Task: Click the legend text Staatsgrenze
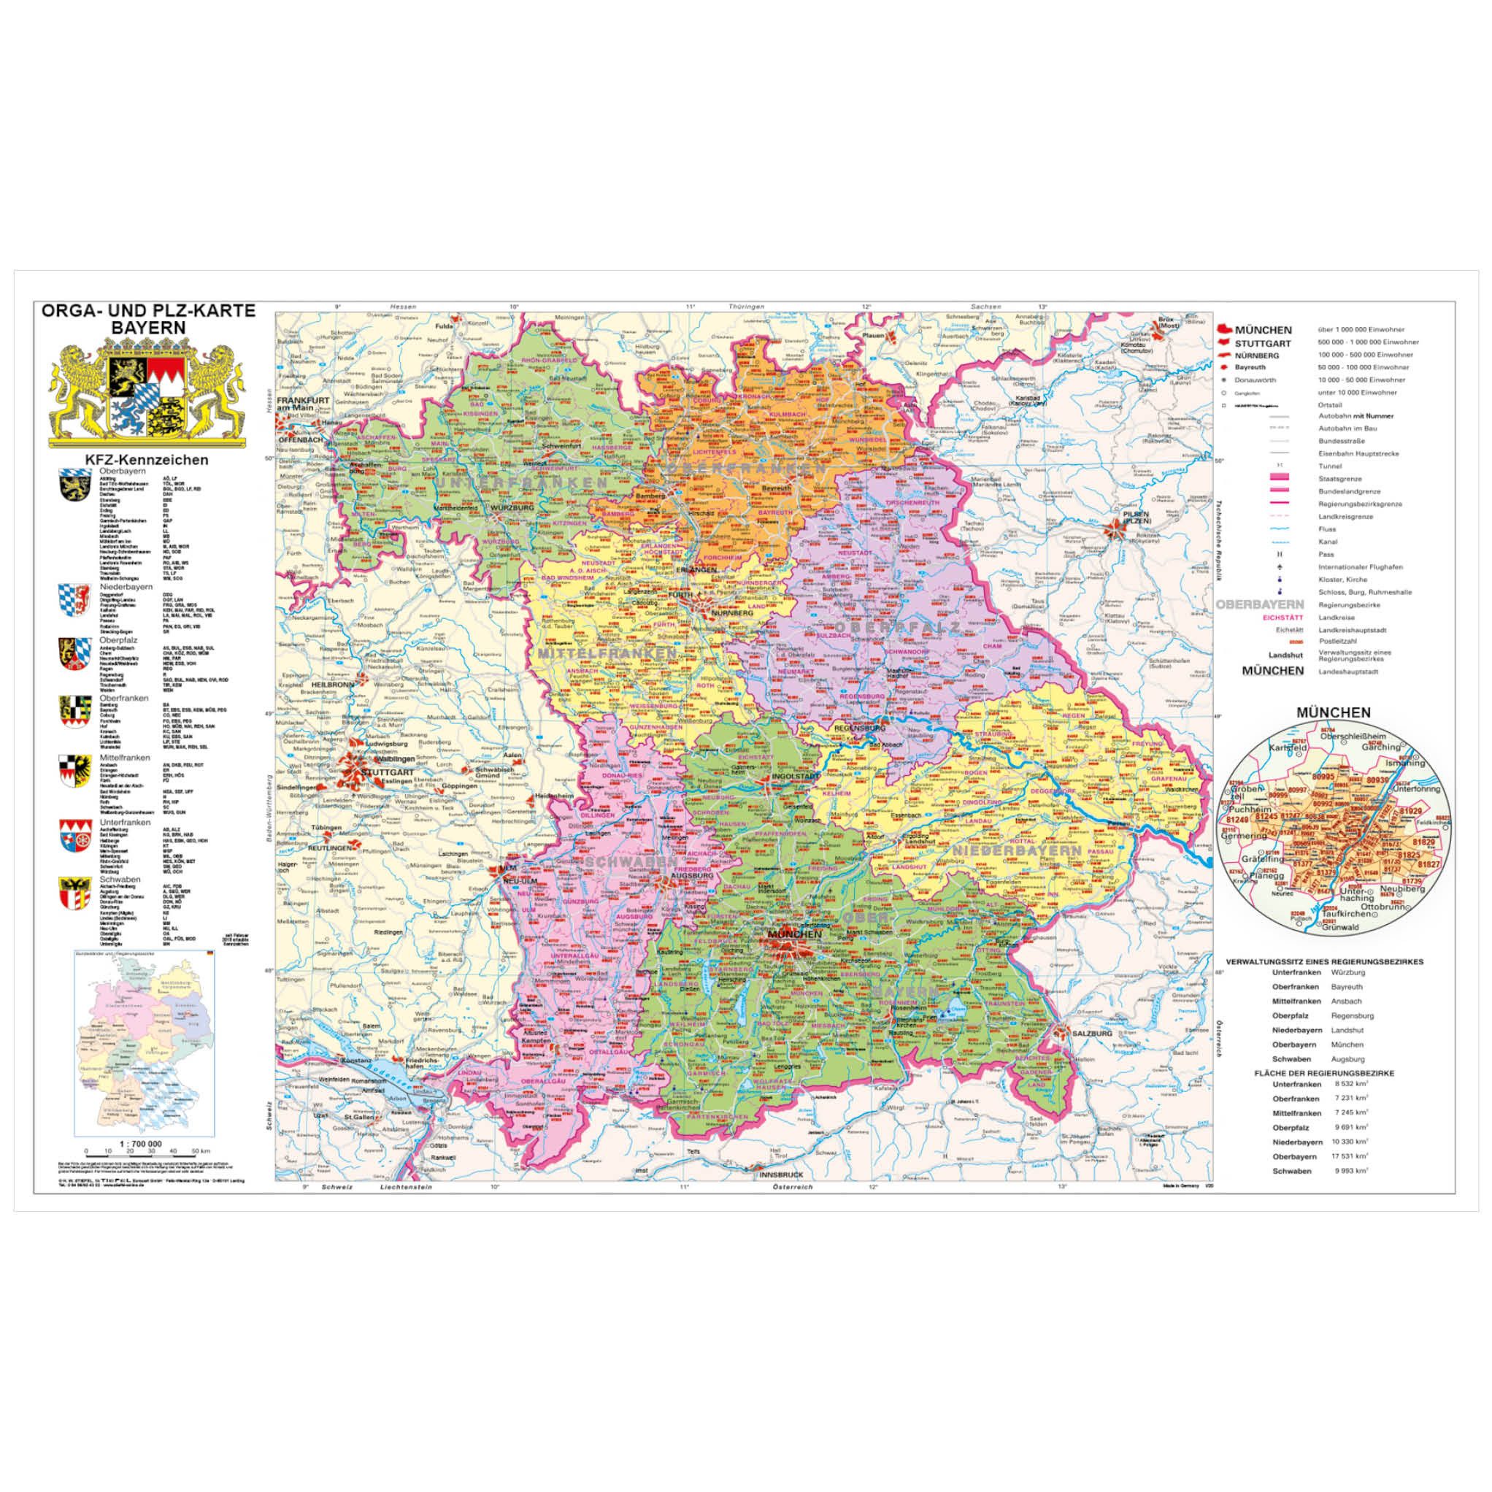[1335, 479]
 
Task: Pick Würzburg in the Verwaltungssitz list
[1346, 972]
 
